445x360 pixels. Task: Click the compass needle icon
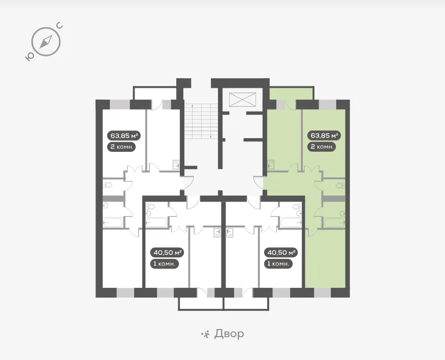[46, 42]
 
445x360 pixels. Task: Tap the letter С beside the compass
[59, 26]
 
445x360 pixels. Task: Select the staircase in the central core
[201, 121]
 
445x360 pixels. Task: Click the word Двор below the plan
[229, 334]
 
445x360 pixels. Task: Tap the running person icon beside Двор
[205, 334]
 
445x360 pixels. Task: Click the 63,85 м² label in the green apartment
[324, 136]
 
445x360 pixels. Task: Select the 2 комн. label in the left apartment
[121, 147]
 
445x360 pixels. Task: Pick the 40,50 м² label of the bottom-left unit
[167, 252]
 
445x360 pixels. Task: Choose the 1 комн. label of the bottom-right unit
[278, 264]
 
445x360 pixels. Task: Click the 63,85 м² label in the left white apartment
[124, 136]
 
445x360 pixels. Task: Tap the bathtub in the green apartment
[335, 222]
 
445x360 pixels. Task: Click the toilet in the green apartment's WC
[340, 186]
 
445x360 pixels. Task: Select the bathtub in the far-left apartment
[113, 222]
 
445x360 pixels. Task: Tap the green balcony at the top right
[291, 93]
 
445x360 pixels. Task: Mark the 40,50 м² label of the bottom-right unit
[281, 252]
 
